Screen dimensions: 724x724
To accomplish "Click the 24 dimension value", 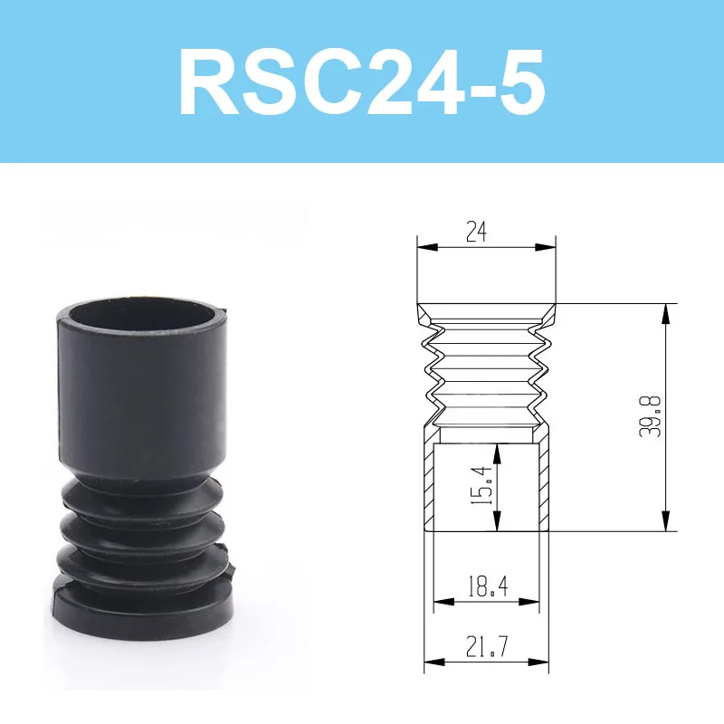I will click(477, 233).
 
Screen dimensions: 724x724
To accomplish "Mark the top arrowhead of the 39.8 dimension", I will click(666, 310).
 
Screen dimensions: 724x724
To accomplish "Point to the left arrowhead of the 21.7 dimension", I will click(430, 662).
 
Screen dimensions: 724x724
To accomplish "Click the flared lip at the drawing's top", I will click(487, 312).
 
